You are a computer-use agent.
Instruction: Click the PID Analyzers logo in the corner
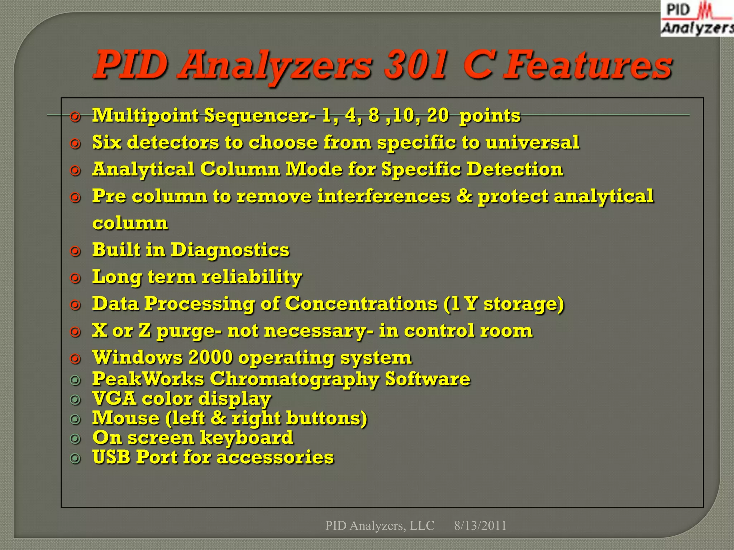pos(697,19)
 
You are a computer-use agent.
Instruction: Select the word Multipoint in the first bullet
pos(145,116)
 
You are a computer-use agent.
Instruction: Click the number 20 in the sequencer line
pos(437,116)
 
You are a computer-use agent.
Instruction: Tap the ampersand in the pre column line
pos(464,196)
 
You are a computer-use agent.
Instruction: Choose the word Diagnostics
pos(230,250)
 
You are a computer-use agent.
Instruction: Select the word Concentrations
pos(361,304)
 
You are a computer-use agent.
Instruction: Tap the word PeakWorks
pos(148,379)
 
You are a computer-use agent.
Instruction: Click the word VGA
pos(114,398)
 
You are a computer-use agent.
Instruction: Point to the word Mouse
pos(126,418)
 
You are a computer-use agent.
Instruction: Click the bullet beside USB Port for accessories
pos(75,458)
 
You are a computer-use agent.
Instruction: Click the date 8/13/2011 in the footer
pos(480,526)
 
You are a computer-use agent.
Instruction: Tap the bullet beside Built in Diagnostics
pos(75,251)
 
